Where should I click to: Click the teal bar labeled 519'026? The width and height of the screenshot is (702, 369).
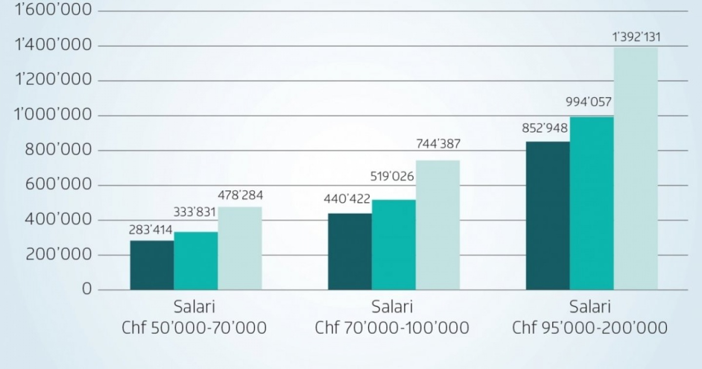click(x=393, y=245)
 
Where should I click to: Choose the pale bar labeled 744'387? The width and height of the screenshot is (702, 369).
click(x=437, y=225)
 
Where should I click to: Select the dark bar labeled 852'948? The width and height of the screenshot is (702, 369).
click(x=547, y=216)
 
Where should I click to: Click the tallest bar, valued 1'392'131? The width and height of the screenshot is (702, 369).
click(x=635, y=168)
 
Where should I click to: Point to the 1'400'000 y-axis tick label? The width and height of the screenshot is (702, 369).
click(x=54, y=45)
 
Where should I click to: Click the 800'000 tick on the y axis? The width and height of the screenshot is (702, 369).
click(x=58, y=150)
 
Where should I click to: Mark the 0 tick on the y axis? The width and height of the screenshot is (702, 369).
click(x=87, y=289)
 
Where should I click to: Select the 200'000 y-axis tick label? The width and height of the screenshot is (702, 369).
click(x=58, y=255)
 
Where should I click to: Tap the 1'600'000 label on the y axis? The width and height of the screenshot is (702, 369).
click(x=54, y=10)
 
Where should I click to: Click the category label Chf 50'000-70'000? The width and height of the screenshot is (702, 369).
click(x=194, y=328)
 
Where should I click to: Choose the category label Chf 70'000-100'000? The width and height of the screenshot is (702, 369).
click(x=392, y=328)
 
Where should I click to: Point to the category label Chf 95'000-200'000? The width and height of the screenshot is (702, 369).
click(x=590, y=328)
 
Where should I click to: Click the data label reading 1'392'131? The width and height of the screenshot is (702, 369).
click(x=637, y=37)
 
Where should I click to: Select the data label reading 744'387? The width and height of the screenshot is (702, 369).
click(x=438, y=144)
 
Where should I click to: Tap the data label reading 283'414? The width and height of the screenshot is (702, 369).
click(x=151, y=230)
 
